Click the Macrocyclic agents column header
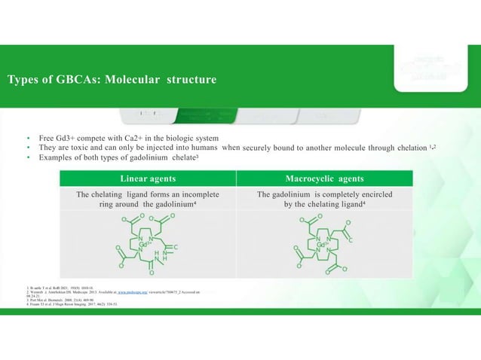pyautogui.click(x=325, y=178)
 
